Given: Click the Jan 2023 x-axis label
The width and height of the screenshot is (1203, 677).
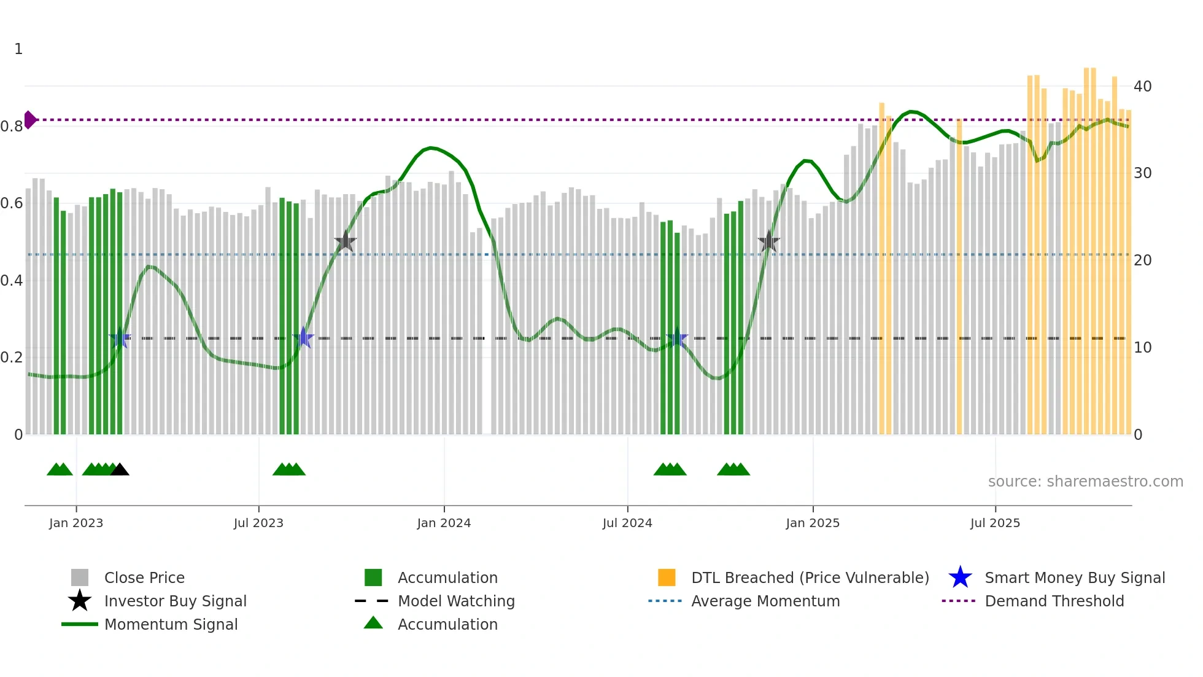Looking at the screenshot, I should (x=76, y=523).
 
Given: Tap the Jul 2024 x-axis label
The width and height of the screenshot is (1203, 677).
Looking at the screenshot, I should (x=627, y=523).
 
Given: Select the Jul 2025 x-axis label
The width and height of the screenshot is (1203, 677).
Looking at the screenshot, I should (x=995, y=523).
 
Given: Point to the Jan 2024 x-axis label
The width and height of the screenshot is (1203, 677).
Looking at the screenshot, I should (x=444, y=523).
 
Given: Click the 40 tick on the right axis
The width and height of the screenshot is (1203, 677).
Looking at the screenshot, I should (x=1142, y=87).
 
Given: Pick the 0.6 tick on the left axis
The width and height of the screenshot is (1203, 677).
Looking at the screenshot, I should (x=12, y=203).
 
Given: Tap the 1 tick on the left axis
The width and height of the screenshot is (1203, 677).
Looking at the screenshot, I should (x=18, y=49).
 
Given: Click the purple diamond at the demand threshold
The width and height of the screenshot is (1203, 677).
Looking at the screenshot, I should (x=29, y=120).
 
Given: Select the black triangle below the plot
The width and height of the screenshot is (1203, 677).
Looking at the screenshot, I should (x=120, y=470).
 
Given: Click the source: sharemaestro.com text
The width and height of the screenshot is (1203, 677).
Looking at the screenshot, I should (x=1085, y=482).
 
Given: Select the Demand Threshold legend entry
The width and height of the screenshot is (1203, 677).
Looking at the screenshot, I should (x=1054, y=601).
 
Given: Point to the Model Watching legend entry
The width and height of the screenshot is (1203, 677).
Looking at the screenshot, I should (x=455, y=601).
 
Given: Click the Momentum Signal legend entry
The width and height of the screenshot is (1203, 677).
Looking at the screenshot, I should (x=171, y=624).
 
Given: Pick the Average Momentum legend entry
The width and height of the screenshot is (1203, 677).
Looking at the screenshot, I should (x=765, y=601).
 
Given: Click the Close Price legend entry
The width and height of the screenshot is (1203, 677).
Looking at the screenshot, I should (x=144, y=577).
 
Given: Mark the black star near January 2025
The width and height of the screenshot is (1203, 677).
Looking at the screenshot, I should (x=768, y=242).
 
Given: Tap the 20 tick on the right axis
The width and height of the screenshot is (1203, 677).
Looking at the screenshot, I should (x=1142, y=260).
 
